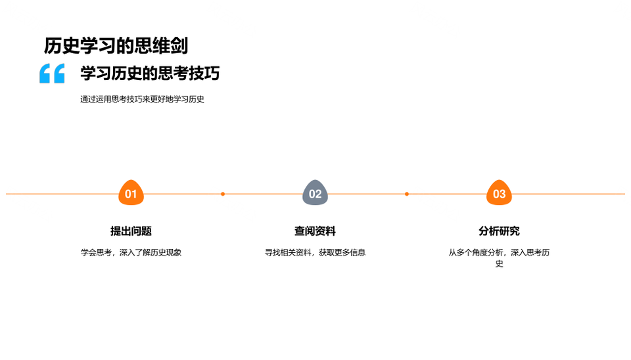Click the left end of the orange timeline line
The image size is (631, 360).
pos(6,194)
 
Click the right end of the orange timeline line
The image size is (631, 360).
pos(625,194)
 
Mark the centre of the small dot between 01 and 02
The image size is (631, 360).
pos(223,194)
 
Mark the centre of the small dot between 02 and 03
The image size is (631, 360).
pos(407,194)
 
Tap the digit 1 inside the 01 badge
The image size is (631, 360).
pos(134,194)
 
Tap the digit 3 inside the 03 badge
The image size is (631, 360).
pos(503,194)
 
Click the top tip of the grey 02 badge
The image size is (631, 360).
pos(315,180)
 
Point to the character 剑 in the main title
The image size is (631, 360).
pos(179,45)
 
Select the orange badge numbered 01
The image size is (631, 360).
pos(131,192)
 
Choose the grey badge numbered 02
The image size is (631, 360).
pos(315,192)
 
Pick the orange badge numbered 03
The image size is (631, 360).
pos(499,192)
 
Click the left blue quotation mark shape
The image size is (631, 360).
pos(45,73)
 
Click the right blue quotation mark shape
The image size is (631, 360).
pos(58,73)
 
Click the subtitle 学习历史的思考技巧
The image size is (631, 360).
pos(150,73)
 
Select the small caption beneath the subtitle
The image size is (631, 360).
pos(142,99)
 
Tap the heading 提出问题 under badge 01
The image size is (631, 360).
pos(131,231)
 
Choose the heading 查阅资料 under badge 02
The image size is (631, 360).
pos(315,231)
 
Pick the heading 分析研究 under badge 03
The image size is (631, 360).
pos(499,231)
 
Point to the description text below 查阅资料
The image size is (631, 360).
pos(315,253)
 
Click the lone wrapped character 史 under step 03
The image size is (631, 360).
pos(499,264)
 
